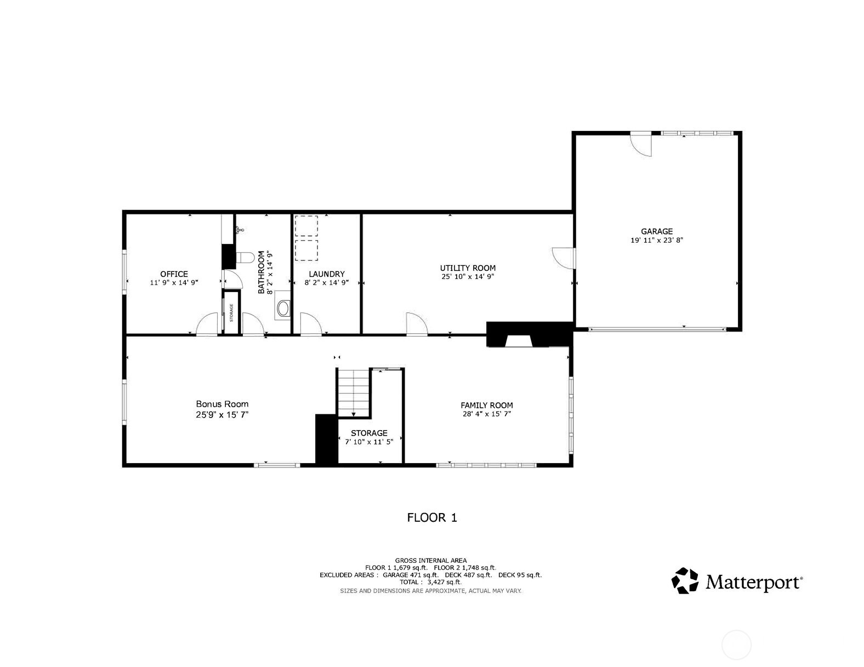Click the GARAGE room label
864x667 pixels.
tap(656, 231)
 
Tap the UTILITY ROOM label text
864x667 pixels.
tap(468, 268)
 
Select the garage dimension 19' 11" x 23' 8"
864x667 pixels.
tap(656, 240)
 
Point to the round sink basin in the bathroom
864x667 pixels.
tap(283, 308)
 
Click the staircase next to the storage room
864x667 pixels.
tap(354, 392)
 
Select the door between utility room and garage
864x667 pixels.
tap(563, 258)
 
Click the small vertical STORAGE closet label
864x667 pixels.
tap(231, 312)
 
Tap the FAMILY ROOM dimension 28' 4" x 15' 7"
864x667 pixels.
tap(486, 414)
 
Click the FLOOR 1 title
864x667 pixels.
tap(431, 517)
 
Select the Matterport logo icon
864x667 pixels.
tap(685, 581)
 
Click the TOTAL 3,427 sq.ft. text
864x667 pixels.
tap(431, 583)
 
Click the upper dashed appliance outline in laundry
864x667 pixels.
tap(306, 226)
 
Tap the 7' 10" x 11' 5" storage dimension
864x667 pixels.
tap(369, 442)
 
